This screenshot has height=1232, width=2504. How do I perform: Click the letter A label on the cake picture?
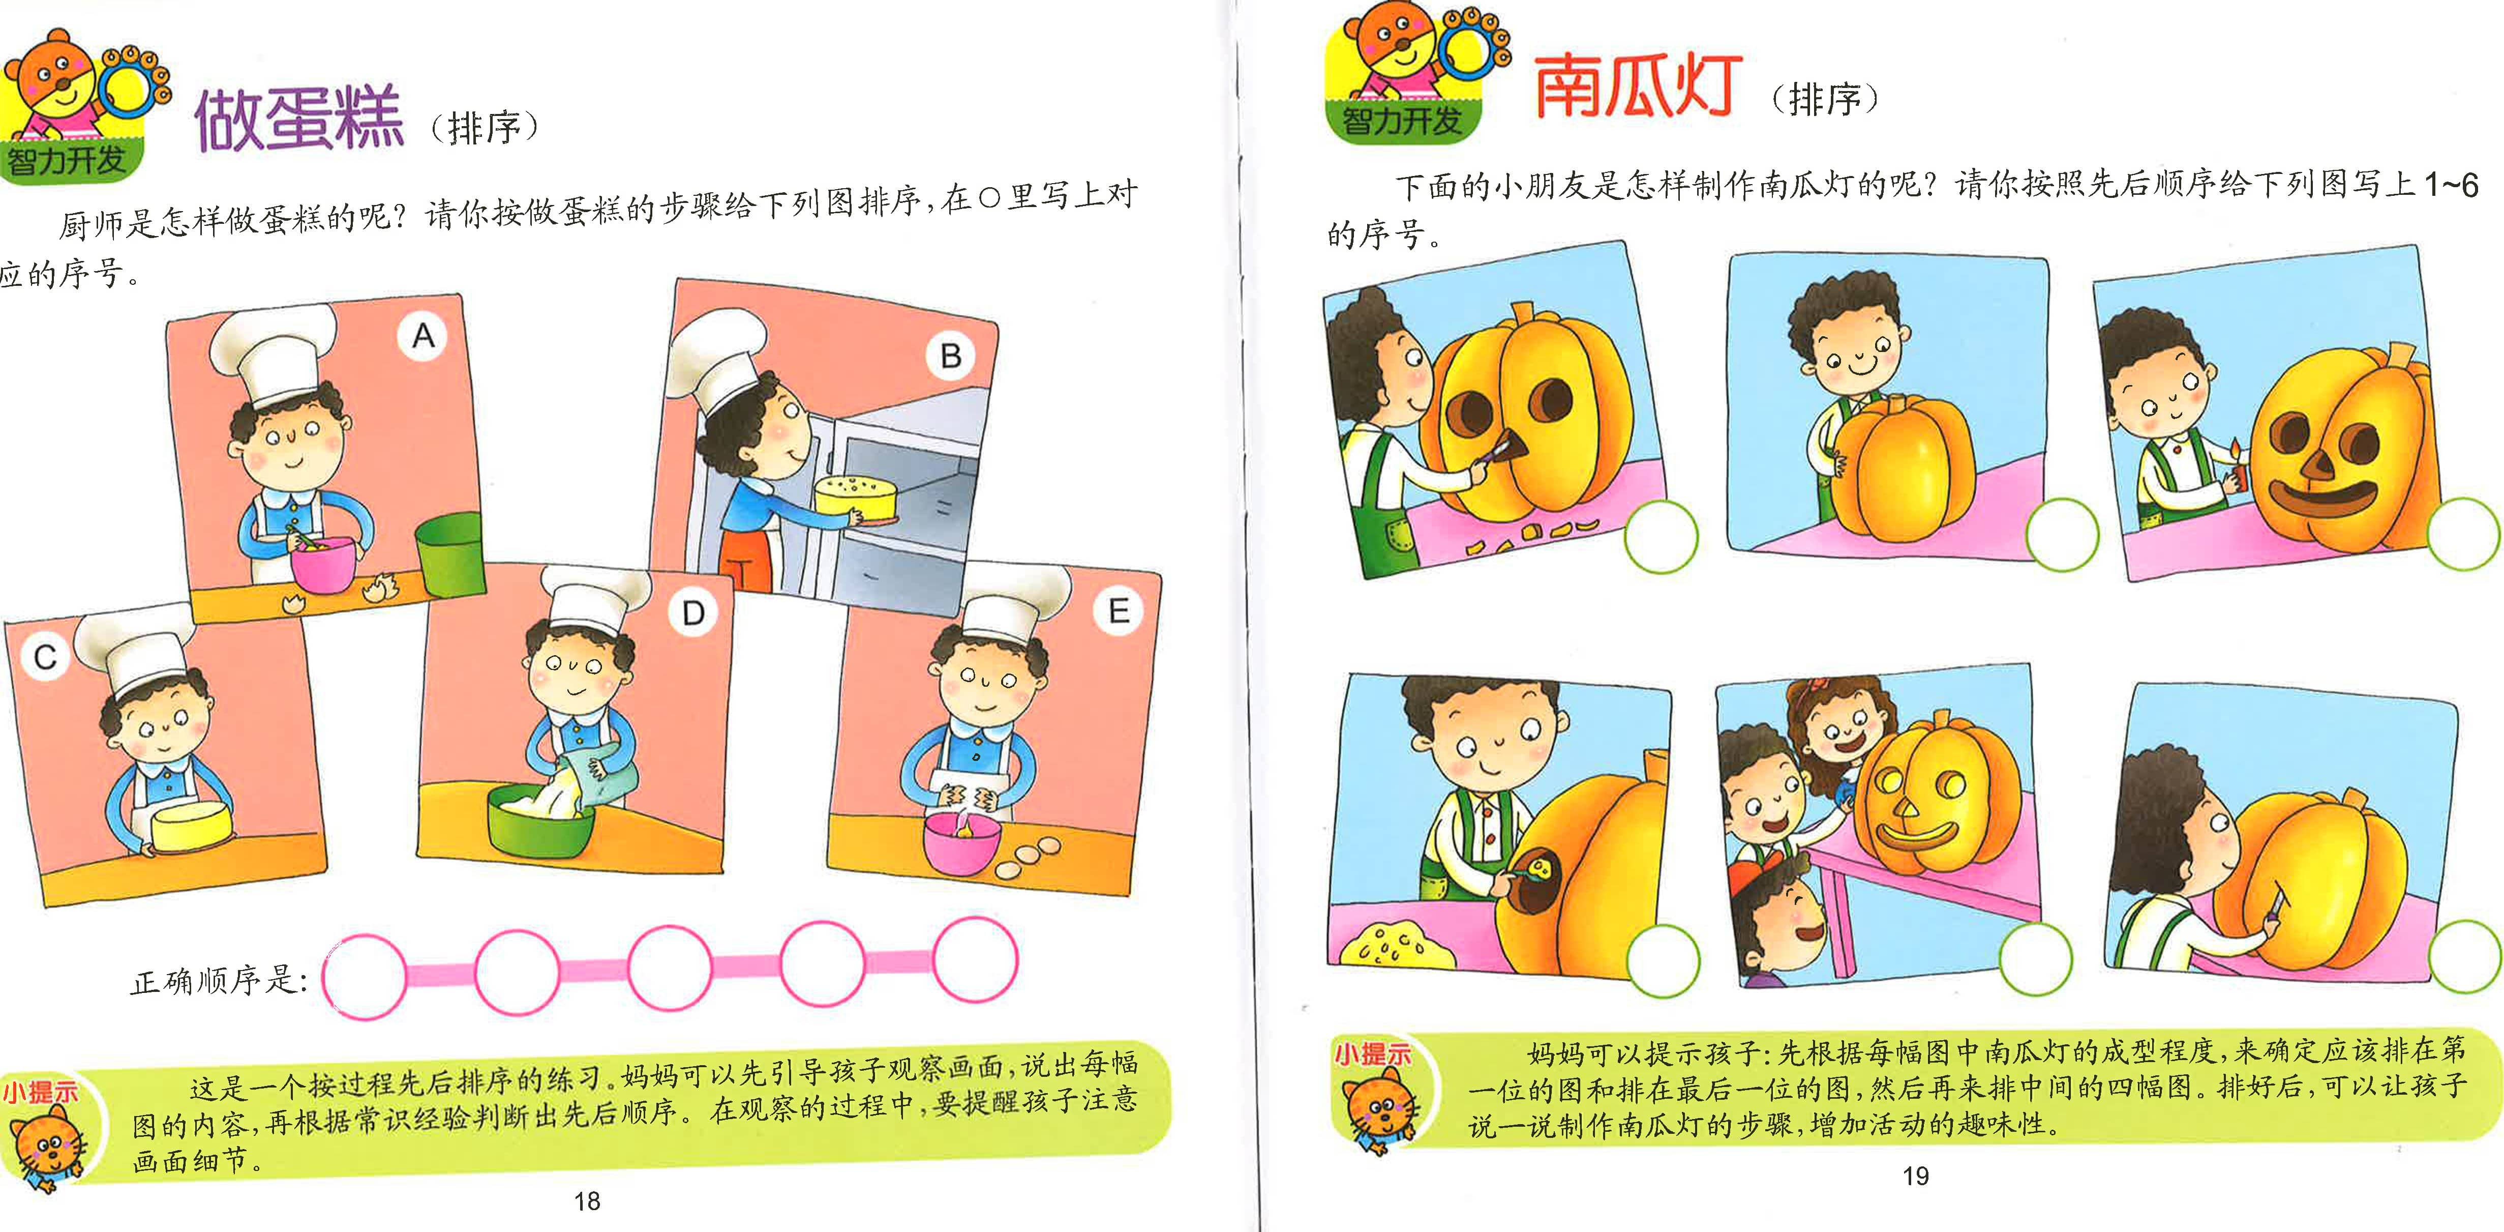(x=423, y=336)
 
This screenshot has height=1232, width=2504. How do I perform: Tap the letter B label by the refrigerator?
(x=950, y=356)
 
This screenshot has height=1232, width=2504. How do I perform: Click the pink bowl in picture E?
(x=961, y=841)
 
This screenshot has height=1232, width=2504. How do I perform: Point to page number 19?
(x=1915, y=1177)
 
